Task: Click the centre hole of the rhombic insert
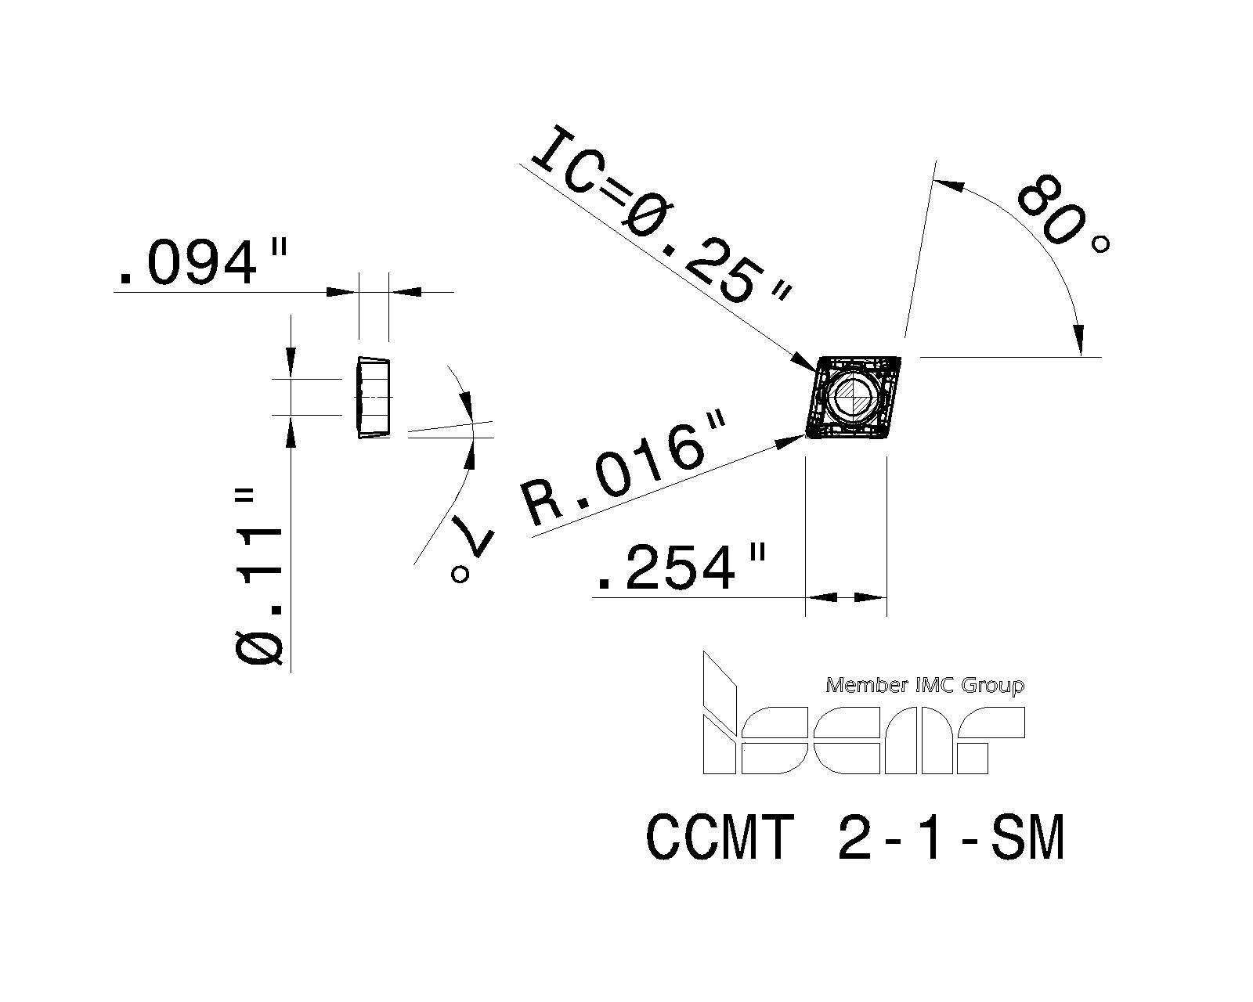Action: tap(851, 397)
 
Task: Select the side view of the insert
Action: tap(374, 398)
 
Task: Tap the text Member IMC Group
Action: tap(924, 686)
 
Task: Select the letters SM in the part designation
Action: tap(1027, 838)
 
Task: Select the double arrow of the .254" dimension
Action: tap(846, 597)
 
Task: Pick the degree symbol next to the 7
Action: tap(460, 575)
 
